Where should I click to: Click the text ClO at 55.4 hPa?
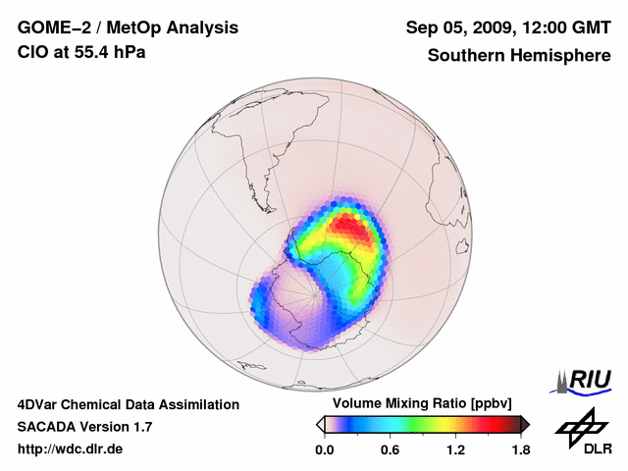(81, 52)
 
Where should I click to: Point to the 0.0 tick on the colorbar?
(324, 450)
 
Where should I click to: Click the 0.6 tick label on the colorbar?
(390, 450)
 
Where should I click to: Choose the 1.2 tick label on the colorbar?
(455, 450)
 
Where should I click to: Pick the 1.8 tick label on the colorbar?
(520, 450)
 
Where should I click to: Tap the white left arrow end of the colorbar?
(321, 424)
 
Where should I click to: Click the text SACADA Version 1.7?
(84, 427)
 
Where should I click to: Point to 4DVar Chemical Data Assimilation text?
(128, 404)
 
